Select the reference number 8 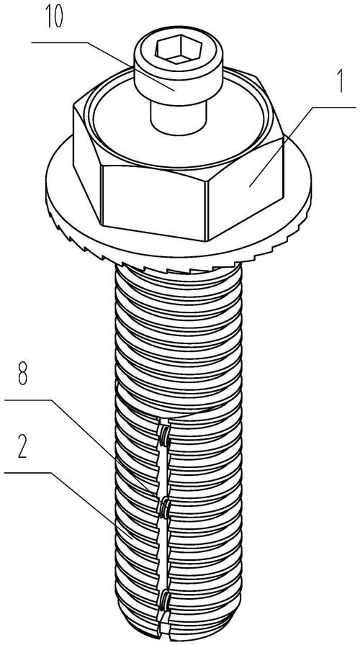(x=22, y=376)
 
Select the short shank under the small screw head (x=178, y=117)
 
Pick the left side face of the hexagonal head (x=87, y=161)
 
